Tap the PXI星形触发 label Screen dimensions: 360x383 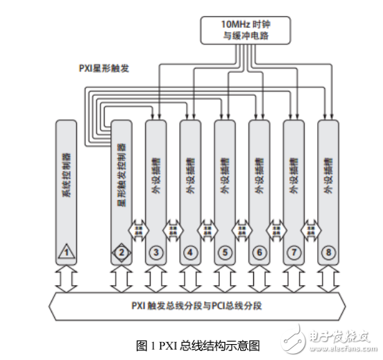point(105,69)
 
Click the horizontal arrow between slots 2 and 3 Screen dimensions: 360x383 point(139,228)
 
